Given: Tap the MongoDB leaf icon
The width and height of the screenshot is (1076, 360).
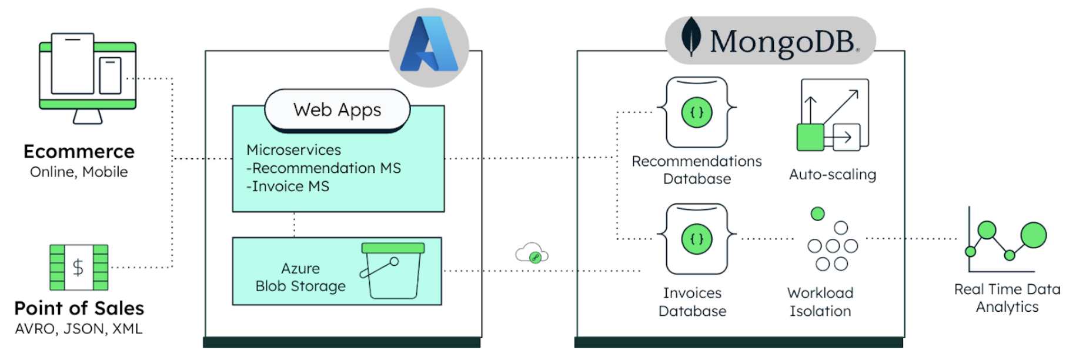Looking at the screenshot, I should tap(691, 36).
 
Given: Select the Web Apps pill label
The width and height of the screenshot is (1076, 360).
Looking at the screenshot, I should tap(337, 110).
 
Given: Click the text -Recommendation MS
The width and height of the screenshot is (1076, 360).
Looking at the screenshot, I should tap(324, 168).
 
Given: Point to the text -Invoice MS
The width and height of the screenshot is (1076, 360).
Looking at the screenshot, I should tap(288, 186).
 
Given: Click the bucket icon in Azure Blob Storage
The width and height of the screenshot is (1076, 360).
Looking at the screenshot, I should tap(392, 270).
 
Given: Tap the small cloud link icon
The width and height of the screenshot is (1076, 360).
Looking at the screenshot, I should tap(532, 254).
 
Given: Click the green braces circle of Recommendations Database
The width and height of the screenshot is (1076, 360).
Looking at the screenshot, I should tap(697, 112).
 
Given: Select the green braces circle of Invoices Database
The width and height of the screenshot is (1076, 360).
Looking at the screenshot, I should tap(697, 239).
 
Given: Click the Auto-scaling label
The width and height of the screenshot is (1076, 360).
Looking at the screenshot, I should tap(832, 175).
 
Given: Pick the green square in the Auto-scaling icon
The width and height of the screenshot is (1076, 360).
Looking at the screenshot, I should tap(810, 137).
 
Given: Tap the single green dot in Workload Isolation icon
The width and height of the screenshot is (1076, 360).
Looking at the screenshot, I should tap(817, 214).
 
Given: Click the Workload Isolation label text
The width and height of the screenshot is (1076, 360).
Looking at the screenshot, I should tap(820, 302).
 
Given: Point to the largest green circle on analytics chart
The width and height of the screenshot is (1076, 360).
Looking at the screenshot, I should tap(1033, 235).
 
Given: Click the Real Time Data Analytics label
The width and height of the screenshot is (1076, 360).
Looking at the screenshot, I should tap(1007, 298).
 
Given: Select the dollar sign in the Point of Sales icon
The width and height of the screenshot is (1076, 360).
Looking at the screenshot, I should tap(78, 268).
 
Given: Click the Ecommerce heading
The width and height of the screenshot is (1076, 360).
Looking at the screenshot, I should tap(79, 152).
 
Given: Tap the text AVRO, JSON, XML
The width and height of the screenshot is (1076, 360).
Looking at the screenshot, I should tap(79, 329).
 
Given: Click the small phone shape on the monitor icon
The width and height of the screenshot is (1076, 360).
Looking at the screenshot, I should tap(110, 75).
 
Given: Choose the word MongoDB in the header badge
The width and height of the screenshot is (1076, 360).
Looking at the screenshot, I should tap(782, 42).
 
